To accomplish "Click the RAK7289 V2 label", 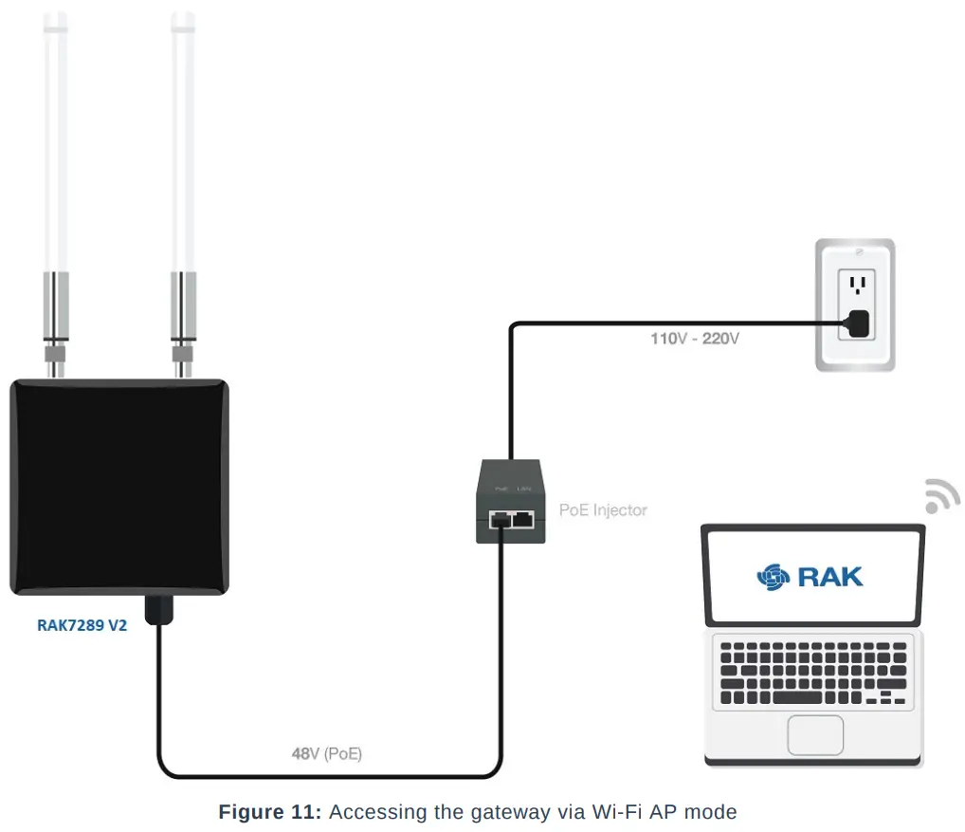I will coord(82,626).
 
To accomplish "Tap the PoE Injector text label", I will coord(603,510).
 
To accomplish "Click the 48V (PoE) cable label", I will coord(326,755).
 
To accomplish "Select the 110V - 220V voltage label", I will coord(694,339).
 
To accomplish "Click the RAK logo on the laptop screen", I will coord(810,576).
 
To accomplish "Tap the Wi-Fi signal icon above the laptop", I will coord(941,496).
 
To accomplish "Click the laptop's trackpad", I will coord(815,736).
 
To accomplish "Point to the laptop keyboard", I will coord(813,673).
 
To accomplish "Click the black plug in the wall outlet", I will coord(859,324).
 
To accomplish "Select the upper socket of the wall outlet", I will coord(859,284).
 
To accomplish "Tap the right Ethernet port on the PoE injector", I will coord(522,519).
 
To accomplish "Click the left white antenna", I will coord(57,142).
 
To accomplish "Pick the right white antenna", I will coord(184,142).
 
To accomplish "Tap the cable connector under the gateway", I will coord(157,609).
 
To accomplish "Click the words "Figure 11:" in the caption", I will coord(270,812).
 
